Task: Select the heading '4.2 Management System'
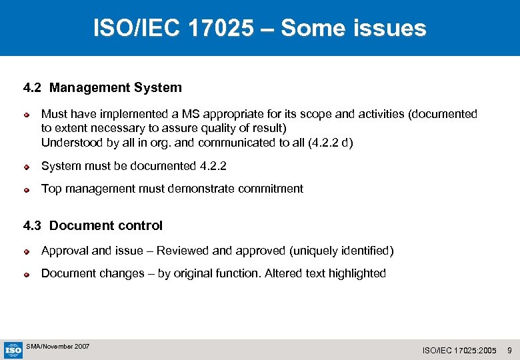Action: point(102,87)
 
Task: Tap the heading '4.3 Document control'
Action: point(93,225)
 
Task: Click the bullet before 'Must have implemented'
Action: point(27,115)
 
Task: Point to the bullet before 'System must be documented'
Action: point(27,167)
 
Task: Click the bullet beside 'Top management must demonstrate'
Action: point(27,189)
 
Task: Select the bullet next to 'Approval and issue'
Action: point(27,251)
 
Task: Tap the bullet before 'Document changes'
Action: point(27,274)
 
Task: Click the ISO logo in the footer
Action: point(13,349)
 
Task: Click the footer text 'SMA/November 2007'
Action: point(58,347)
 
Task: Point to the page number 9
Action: point(509,350)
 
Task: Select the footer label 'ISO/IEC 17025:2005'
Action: point(459,350)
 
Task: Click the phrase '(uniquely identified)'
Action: point(341,251)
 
